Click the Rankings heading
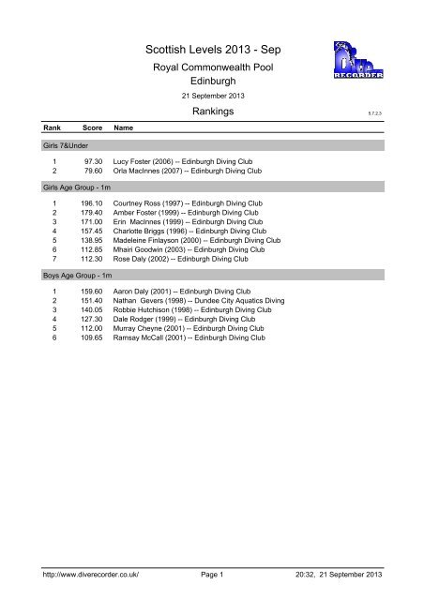tap(212, 112)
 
